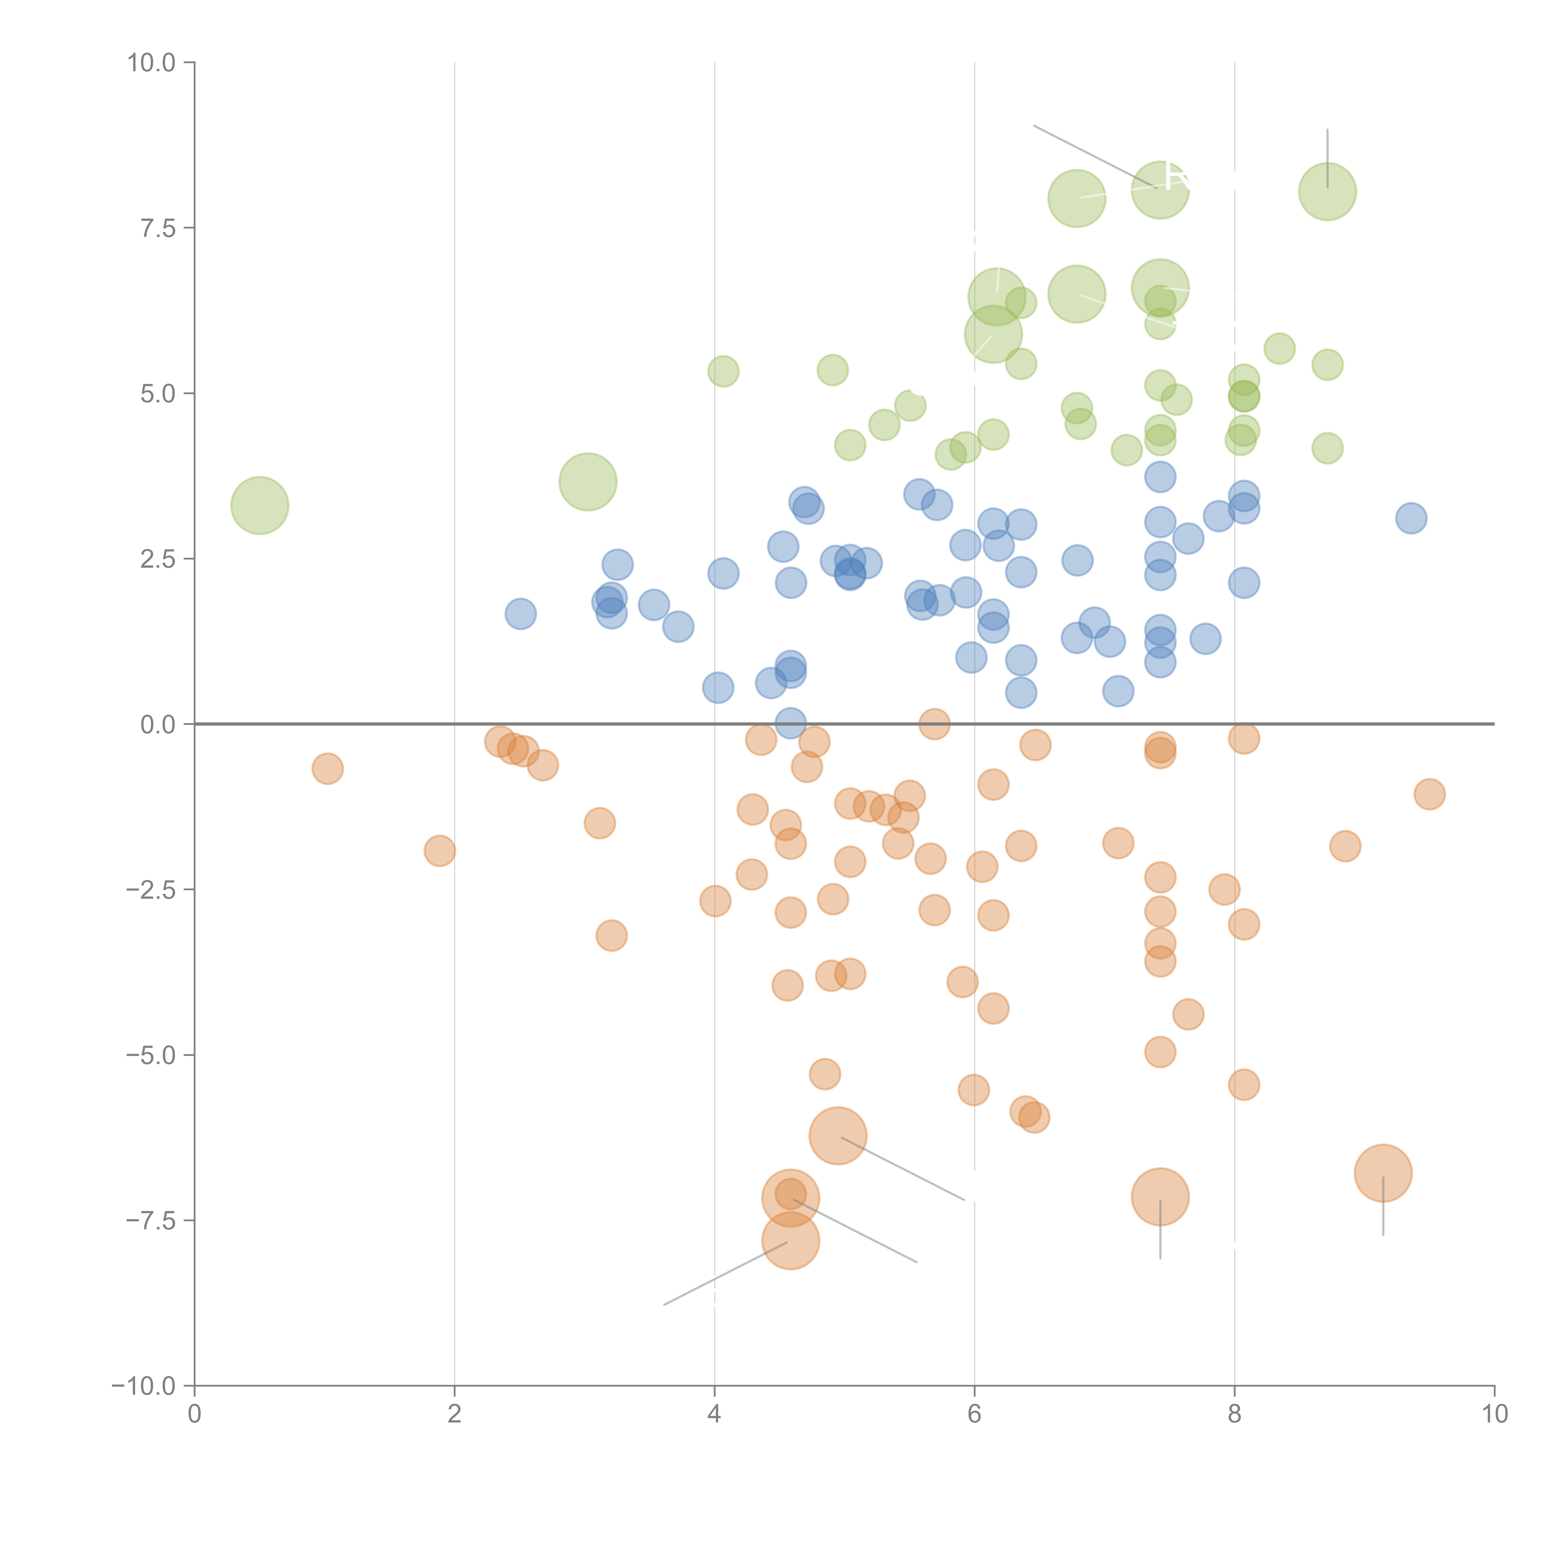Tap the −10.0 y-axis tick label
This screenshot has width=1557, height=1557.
pyautogui.click(x=144, y=1386)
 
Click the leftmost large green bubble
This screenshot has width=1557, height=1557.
pyautogui.click(x=259, y=505)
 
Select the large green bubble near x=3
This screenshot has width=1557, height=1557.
pyautogui.click(x=588, y=482)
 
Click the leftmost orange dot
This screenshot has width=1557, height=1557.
pyautogui.click(x=327, y=769)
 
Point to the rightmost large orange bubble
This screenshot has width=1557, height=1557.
pyautogui.click(x=1383, y=1173)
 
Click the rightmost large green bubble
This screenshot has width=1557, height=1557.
pyautogui.click(x=1327, y=192)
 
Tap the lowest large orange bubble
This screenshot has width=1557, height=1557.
pyautogui.click(x=791, y=1240)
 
